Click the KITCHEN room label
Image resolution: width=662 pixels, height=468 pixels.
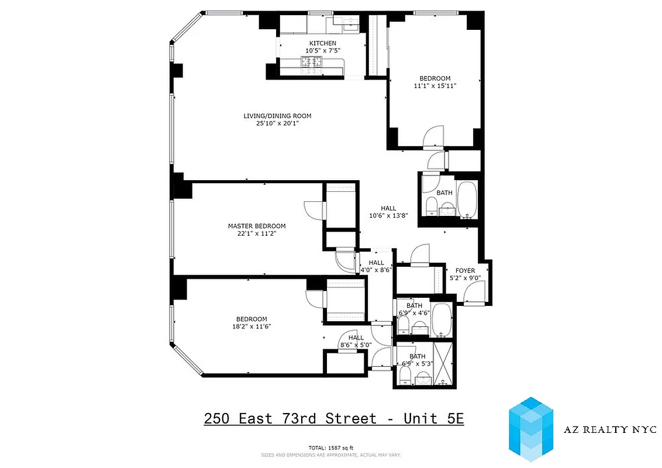click(x=323, y=43)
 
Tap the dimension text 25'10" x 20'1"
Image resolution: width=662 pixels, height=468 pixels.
click(x=277, y=123)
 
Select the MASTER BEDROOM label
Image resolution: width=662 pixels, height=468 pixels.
click(x=257, y=226)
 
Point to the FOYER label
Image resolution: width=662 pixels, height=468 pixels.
click(x=466, y=270)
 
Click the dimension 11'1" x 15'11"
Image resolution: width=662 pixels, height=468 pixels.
click(x=435, y=86)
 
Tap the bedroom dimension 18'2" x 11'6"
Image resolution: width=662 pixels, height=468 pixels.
click(x=251, y=326)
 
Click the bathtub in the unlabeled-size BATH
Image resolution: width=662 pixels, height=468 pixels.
click(x=467, y=199)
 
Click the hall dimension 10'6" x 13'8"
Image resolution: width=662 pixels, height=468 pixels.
click(x=388, y=215)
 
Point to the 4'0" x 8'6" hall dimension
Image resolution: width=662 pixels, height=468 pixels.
click(x=376, y=270)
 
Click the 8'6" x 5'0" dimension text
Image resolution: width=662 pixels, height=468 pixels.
click(x=356, y=345)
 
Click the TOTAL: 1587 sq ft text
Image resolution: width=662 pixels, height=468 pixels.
click(x=330, y=448)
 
